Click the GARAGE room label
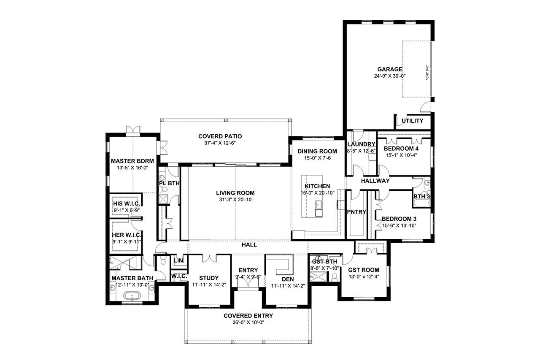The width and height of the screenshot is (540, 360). point(389,70)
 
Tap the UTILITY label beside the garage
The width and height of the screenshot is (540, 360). point(412,121)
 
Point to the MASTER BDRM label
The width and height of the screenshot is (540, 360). point(132,161)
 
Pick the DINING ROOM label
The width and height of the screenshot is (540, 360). point(317,152)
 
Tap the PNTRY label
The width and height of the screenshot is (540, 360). point(356,212)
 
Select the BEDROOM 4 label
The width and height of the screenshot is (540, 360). point(404,149)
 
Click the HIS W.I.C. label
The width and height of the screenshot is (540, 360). point(127,204)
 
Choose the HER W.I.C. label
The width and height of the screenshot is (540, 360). point(127,235)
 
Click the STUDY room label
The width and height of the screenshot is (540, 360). point(209,278)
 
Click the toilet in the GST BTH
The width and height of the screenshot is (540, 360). point(334,277)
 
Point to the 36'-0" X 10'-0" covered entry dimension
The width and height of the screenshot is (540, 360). point(248,322)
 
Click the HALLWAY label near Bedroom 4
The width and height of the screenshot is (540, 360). point(375,181)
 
